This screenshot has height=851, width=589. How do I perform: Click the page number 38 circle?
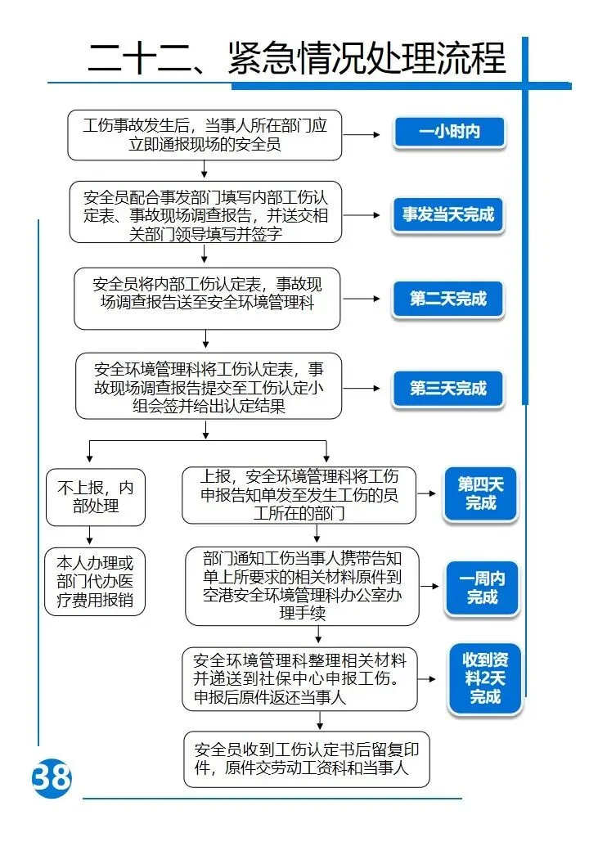(52, 778)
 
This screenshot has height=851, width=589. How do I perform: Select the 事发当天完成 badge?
(448, 215)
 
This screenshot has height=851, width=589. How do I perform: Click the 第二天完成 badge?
(448, 299)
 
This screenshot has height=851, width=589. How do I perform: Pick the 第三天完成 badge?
(448, 389)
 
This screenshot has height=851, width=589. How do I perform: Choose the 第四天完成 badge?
(480, 493)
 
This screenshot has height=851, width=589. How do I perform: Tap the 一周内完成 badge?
(482, 588)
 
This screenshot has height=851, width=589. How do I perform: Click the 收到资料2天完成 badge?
(484, 678)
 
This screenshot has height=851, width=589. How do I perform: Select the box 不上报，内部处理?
(96, 497)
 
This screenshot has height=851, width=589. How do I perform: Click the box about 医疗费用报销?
(96, 582)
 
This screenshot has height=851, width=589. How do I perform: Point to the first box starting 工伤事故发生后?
(205, 135)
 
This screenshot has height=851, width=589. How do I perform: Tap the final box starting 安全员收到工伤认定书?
(307, 759)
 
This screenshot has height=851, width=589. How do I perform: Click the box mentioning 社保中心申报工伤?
(299, 679)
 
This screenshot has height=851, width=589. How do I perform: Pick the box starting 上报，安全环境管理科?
(299, 495)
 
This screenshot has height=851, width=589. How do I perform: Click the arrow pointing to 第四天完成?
(426, 494)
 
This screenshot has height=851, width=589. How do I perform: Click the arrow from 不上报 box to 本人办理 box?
(89, 537)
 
